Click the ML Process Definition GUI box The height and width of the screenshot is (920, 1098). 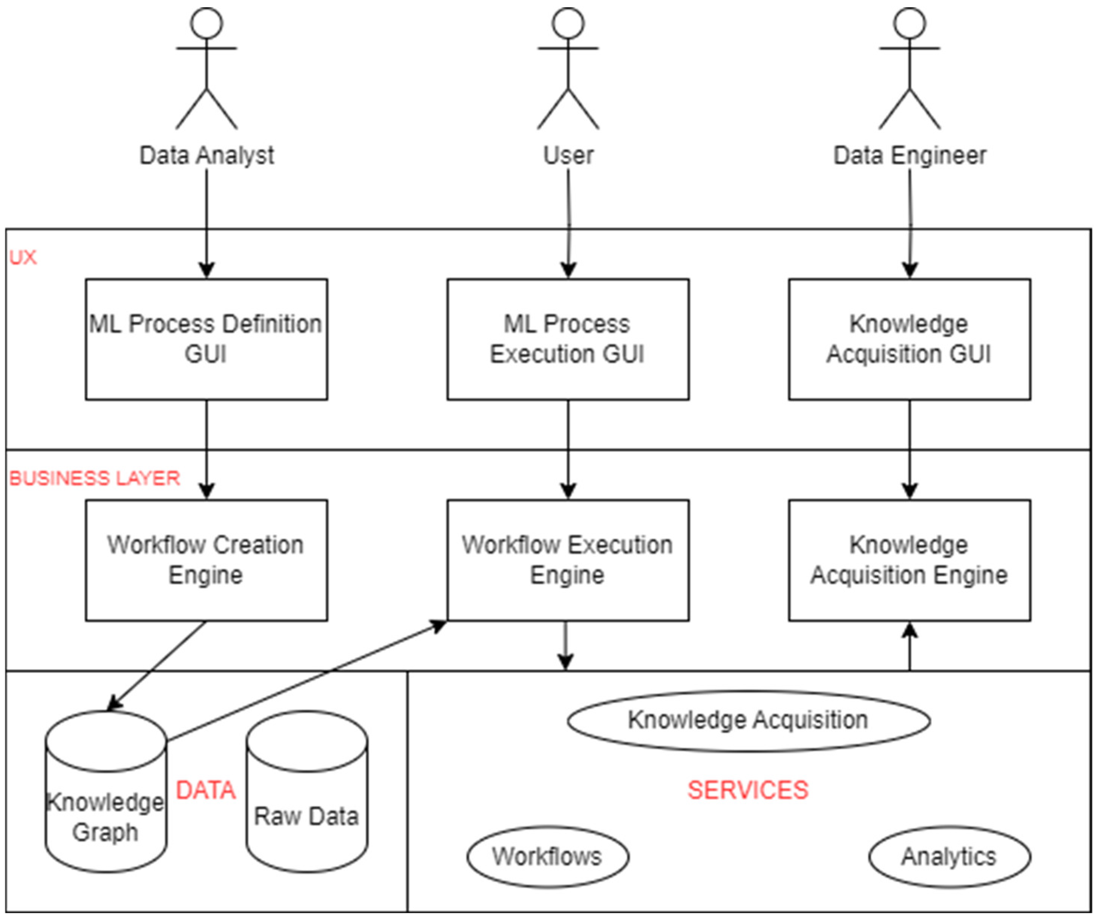[x=207, y=339]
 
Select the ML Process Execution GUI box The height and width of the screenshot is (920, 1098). [x=568, y=339]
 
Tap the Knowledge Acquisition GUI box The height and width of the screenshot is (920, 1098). [x=909, y=339]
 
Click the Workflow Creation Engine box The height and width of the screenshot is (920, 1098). [x=207, y=560]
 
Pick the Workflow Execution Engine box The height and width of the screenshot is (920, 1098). [x=568, y=560]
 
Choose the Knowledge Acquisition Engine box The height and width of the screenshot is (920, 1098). [x=909, y=560]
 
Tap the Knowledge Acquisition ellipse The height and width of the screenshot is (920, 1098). [x=748, y=721]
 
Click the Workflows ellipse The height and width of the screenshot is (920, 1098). [x=547, y=857]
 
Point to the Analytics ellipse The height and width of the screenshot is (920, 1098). [x=949, y=857]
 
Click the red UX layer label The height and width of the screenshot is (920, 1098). [x=23, y=257]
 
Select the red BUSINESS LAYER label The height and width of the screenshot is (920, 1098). [x=95, y=478]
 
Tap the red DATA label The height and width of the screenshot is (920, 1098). [x=205, y=790]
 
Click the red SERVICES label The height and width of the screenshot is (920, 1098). [x=748, y=790]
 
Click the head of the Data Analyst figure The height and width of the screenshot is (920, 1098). [x=207, y=23]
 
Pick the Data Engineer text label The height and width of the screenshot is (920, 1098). [x=909, y=155]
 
